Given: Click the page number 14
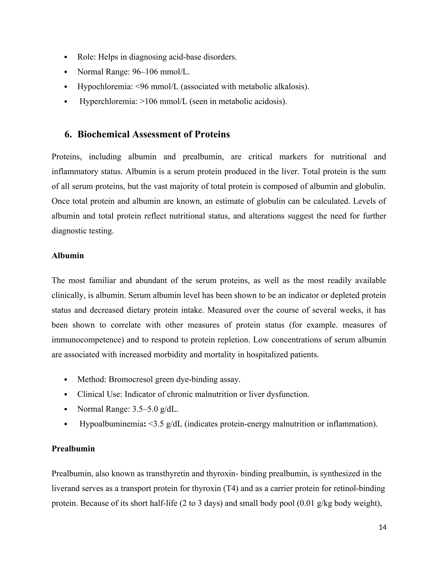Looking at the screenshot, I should click(382, 527).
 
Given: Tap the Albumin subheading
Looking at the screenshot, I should click(68, 255).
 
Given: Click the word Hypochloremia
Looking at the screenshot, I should click(105, 86).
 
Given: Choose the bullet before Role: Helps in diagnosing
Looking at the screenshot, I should click(66, 57).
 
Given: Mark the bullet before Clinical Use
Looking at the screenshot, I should click(66, 394).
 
